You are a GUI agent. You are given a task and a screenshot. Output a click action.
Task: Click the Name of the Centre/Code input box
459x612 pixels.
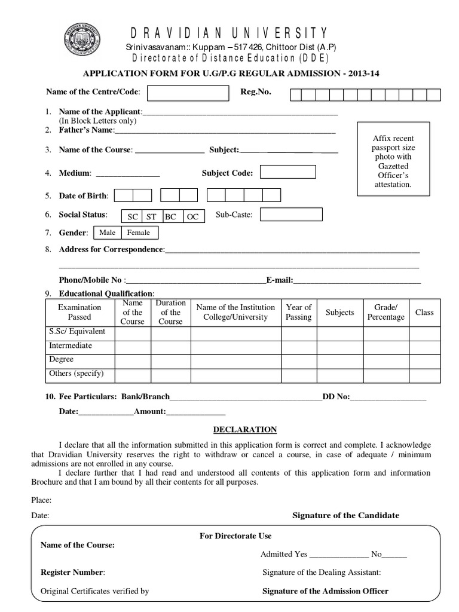[x=188, y=93]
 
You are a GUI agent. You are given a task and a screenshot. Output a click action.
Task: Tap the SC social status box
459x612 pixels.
[x=132, y=216]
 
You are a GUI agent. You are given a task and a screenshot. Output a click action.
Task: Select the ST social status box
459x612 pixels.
[x=152, y=216]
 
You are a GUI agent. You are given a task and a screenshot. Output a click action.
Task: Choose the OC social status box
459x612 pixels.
[x=193, y=216]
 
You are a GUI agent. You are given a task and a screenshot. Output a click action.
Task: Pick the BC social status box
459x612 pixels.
[x=171, y=216]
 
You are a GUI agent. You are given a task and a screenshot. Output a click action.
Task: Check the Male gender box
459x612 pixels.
[x=108, y=232]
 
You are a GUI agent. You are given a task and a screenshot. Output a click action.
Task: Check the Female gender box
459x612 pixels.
[x=139, y=232]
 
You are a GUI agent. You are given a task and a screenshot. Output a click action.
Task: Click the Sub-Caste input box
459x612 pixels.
[x=291, y=214]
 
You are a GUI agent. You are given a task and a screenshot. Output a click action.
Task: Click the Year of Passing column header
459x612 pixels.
[x=298, y=312]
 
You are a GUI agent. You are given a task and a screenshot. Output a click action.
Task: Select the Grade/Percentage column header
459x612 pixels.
[x=385, y=312]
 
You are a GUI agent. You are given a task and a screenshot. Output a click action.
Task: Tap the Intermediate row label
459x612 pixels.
[x=71, y=345]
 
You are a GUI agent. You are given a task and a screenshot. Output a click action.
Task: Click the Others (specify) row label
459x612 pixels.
[x=76, y=374]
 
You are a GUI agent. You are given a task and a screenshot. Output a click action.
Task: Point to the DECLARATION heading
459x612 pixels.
[x=245, y=429]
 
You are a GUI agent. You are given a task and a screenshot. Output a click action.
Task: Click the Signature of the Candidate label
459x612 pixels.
[x=345, y=515]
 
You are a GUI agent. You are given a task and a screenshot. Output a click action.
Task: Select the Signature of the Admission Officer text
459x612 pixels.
[x=326, y=591]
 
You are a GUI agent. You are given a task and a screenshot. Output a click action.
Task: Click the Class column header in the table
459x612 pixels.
[x=424, y=312]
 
